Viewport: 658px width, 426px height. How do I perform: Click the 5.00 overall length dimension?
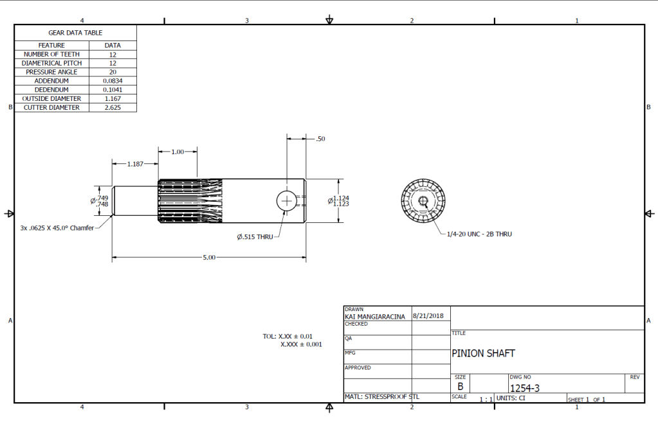210,258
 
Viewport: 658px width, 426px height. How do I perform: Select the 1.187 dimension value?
135,164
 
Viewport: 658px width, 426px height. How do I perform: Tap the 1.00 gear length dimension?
178,152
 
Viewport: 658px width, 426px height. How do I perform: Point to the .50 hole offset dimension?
320,139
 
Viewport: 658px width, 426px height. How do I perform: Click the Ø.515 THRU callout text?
255,237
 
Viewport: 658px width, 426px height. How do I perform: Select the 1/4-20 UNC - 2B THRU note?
479,234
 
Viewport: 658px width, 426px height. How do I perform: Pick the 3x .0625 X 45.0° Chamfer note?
57,227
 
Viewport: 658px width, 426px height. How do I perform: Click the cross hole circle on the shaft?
286,201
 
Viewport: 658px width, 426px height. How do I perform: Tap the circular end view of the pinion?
423,201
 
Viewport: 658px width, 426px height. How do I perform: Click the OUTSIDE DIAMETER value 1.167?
113,99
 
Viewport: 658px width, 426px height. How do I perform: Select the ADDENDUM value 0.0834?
113,81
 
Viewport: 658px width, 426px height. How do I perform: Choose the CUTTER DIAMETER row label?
51,108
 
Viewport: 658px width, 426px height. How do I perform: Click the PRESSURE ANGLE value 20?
113,72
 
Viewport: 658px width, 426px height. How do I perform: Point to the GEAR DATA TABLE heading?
75,32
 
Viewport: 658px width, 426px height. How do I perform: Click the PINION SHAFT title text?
483,353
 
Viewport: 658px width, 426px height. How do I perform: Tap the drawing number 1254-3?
524,388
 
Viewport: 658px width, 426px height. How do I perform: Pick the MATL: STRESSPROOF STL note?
382,396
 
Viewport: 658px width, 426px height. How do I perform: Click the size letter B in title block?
461,387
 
